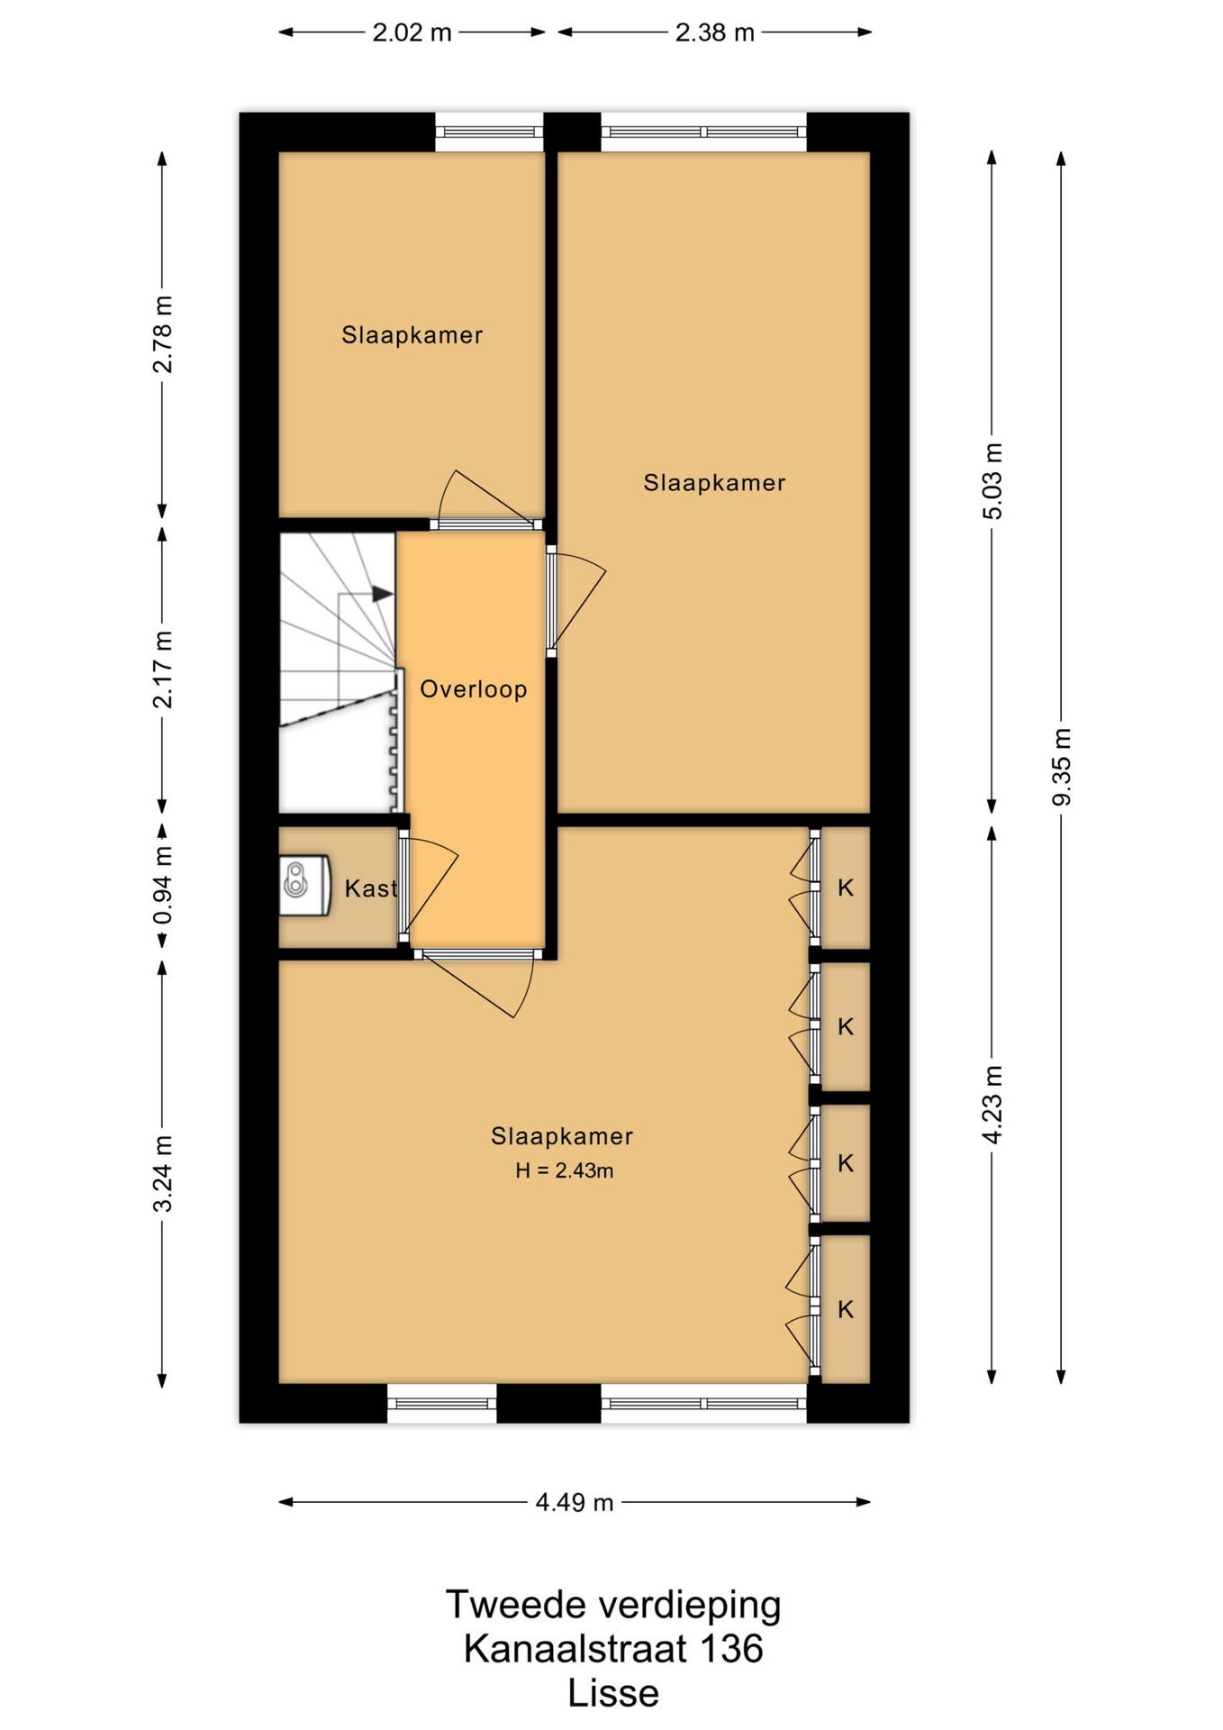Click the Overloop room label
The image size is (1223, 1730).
[x=474, y=689]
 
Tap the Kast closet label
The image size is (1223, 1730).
[x=370, y=888]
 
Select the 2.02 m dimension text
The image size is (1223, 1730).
[x=412, y=32]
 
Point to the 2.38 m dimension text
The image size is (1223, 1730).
[x=714, y=32]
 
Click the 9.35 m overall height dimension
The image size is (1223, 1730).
[x=1062, y=767]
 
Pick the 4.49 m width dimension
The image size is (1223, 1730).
[x=575, y=1502]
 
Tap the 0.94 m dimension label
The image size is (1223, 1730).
[x=162, y=886]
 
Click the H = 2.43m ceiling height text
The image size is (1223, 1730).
[x=565, y=1170]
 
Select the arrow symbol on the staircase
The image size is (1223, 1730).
[x=382, y=594]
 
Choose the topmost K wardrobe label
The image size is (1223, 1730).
[x=846, y=888]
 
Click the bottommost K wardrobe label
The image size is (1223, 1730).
[x=846, y=1309]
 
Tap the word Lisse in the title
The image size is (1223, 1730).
[x=612, y=1694]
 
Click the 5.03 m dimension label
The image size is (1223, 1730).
[x=992, y=482]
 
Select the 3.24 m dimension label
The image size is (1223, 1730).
[x=162, y=1174]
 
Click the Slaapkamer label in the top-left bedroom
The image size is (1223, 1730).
[x=412, y=335]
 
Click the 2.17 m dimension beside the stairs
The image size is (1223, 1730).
[x=162, y=669]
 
